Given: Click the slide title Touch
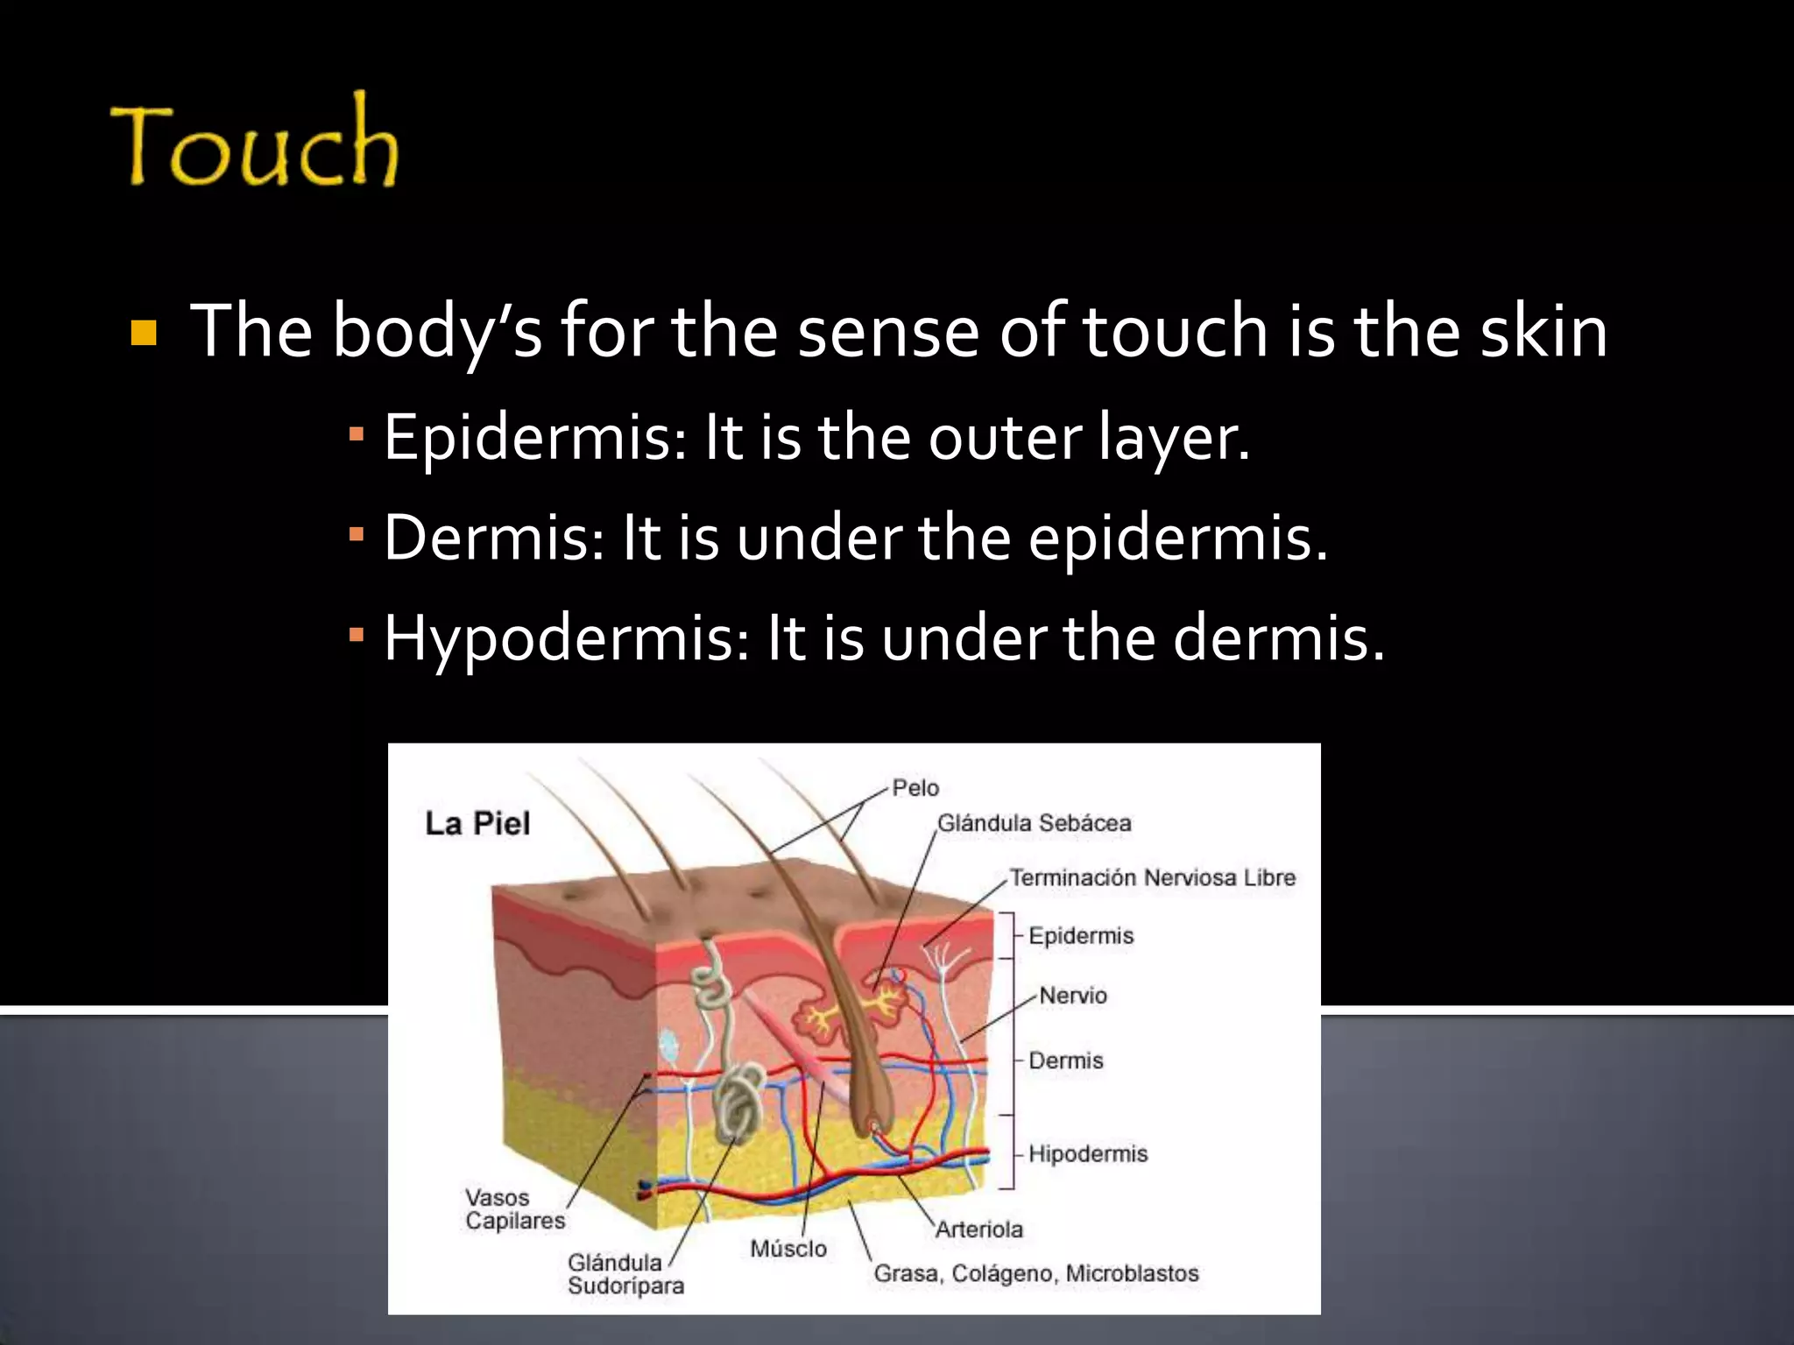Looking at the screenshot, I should (255, 144).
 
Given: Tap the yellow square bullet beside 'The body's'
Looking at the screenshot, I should (143, 334).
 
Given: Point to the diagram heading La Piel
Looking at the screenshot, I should (477, 824).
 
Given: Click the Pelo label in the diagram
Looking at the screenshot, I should (915, 788).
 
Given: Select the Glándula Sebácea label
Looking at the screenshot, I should (1034, 823).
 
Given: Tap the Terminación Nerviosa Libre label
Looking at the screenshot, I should (1152, 877).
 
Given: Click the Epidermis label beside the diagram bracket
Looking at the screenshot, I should (1081, 935).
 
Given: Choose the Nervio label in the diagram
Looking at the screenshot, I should (1073, 996).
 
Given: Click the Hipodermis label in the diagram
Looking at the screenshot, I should (1087, 1153).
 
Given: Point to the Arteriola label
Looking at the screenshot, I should (978, 1229).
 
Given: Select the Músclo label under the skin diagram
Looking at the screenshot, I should (788, 1249).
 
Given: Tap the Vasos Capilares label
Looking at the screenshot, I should (514, 1209).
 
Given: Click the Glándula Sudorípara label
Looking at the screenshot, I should (625, 1274).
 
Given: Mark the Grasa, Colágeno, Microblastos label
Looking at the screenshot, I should (1035, 1273).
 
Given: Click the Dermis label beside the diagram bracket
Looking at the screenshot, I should (1065, 1060).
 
